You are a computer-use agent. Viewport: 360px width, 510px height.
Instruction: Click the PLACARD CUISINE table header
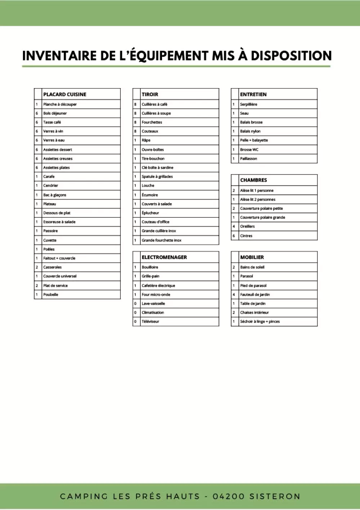click(x=65, y=95)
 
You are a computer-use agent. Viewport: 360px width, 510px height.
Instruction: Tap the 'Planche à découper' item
click(x=60, y=104)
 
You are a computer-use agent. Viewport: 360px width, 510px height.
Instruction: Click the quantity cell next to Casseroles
click(x=37, y=267)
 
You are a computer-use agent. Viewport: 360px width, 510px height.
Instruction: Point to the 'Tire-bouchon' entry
click(x=153, y=159)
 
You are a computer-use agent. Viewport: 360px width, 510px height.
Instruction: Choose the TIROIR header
click(x=150, y=95)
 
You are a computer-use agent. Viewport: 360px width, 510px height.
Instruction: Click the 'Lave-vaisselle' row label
click(x=153, y=304)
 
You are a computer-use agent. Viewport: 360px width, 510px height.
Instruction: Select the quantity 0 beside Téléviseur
click(x=135, y=322)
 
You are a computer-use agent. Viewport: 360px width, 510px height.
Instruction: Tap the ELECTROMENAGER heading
click(x=164, y=258)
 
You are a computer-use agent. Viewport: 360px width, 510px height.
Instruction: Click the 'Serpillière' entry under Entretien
click(x=248, y=104)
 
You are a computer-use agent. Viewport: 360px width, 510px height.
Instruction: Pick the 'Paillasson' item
click(x=248, y=159)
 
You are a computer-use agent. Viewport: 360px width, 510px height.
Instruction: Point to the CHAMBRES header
click(x=253, y=180)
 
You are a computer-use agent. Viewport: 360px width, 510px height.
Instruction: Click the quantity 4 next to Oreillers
click(x=234, y=227)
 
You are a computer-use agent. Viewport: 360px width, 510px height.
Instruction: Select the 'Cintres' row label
click(x=246, y=236)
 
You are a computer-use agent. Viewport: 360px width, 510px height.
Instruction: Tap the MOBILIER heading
click(x=252, y=258)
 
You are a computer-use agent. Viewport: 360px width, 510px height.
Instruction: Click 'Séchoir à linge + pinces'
click(x=260, y=322)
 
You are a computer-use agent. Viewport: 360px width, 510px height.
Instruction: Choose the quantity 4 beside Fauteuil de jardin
click(x=234, y=295)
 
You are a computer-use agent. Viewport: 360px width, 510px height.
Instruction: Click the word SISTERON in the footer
click(x=275, y=497)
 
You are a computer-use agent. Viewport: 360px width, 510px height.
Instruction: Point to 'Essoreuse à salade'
click(x=59, y=222)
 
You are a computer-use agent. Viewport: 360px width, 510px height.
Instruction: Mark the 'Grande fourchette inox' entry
click(x=162, y=240)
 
